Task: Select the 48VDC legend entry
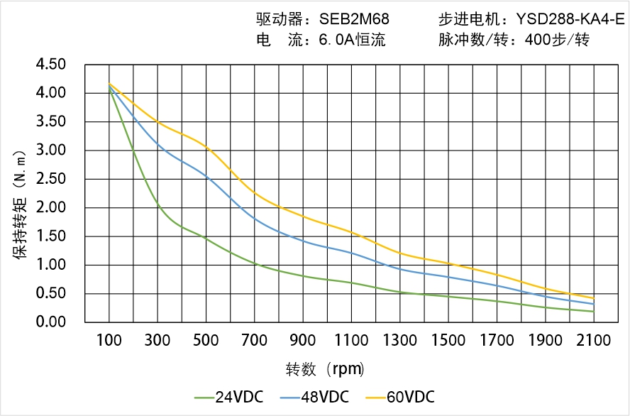[x=314, y=397]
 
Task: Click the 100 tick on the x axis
[x=109, y=341]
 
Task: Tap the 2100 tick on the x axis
[x=594, y=341]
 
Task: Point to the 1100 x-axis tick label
[x=351, y=341]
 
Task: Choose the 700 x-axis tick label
[x=255, y=341]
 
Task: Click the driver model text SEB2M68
[x=355, y=19]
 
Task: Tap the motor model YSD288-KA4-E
[x=570, y=19]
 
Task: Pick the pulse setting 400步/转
[x=557, y=40]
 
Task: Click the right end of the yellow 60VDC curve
[x=594, y=298]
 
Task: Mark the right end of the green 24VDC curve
[x=594, y=312]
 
